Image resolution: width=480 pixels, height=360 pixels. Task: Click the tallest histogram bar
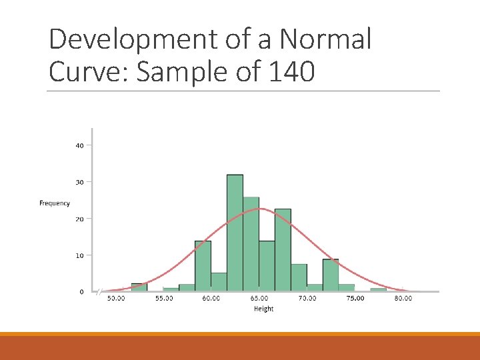tap(235, 233)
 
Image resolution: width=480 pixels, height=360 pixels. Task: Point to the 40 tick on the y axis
tap(79, 145)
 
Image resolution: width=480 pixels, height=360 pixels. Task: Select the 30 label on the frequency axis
tap(79, 182)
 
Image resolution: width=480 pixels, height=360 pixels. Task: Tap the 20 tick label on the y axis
tap(79, 219)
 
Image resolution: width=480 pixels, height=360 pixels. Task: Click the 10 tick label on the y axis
tap(79, 255)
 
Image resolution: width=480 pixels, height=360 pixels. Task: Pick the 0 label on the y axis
tap(81, 292)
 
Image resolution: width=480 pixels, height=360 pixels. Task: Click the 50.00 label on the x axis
tap(116, 299)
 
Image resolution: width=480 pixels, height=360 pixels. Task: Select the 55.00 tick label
tap(164, 299)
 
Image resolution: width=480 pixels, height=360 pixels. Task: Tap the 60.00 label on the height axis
tap(211, 299)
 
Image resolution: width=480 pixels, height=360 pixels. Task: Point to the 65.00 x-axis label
tap(259, 299)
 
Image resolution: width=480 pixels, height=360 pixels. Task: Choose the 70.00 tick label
tap(307, 299)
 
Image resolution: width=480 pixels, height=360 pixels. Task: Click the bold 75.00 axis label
tap(355, 299)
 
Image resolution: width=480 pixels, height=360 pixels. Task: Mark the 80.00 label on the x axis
tap(403, 299)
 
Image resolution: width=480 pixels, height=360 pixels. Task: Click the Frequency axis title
tap(55, 203)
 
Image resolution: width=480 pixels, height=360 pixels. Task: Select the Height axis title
tap(263, 309)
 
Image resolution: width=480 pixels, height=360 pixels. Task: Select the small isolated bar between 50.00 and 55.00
tap(139, 287)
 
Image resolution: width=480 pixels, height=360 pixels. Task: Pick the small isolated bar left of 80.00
tap(379, 289)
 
